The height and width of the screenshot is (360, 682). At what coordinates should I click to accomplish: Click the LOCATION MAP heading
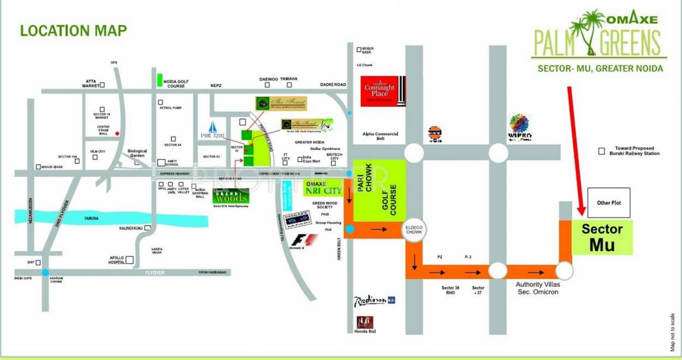[74, 31]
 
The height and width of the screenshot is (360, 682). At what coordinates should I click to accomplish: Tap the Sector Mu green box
[602, 237]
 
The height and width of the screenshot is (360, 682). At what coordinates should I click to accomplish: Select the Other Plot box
[608, 203]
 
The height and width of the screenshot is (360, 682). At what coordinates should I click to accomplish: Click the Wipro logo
[520, 127]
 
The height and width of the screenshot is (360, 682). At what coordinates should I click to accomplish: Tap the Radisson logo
[375, 300]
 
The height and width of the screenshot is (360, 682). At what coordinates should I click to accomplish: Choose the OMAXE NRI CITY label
[323, 187]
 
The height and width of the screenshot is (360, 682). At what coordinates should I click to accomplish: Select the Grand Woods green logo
[231, 196]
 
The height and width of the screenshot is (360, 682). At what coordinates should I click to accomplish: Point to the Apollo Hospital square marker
[130, 259]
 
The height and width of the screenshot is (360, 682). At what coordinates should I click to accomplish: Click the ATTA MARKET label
[91, 83]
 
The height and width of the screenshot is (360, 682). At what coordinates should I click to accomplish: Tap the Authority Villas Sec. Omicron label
[537, 288]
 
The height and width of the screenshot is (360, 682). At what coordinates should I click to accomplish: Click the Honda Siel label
[365, 331]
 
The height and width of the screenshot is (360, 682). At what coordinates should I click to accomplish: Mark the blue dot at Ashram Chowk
[46, 272]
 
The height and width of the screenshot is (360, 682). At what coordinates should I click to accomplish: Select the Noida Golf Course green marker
[160, 80]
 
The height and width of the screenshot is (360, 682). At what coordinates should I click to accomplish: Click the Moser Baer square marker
[359, 50]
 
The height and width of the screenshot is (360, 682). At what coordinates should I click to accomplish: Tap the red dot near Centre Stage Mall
[117, 134]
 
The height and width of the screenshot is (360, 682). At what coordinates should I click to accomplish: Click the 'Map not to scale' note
[673, 331]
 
